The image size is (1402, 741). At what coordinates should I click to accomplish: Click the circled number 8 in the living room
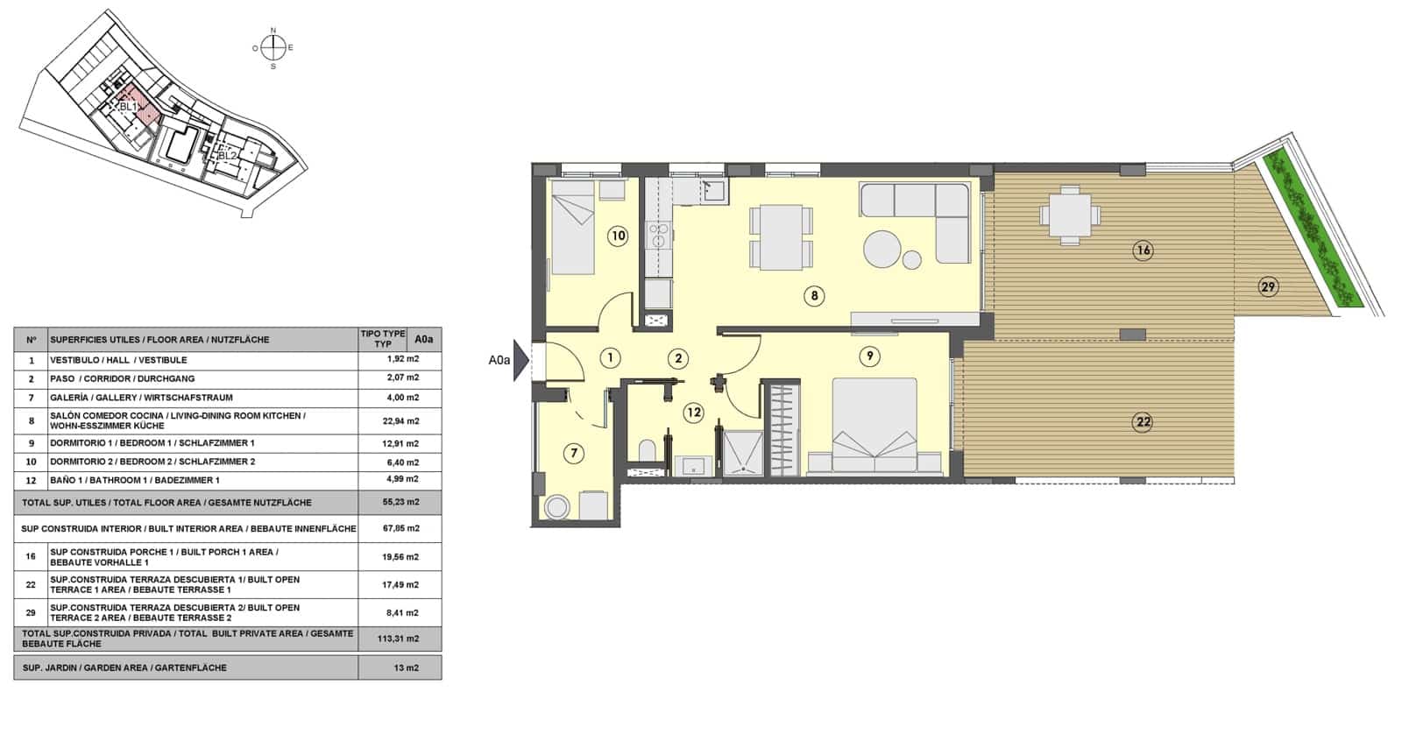(814, 296)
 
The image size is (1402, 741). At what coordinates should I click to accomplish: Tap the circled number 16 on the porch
(1143, 251)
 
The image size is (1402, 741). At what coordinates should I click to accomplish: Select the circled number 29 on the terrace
(1267, 286)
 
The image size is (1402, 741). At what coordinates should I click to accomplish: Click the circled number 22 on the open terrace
(1143, 422)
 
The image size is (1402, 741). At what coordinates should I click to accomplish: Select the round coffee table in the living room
(882, 250)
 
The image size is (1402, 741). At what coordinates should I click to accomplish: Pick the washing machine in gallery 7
(557, 506)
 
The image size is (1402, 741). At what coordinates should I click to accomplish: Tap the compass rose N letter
(273, 32)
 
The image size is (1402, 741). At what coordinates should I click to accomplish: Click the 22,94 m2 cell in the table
(402, 420)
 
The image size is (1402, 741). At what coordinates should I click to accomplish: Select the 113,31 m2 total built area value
(402, 639)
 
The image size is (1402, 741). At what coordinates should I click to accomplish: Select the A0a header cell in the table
(424, 339)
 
